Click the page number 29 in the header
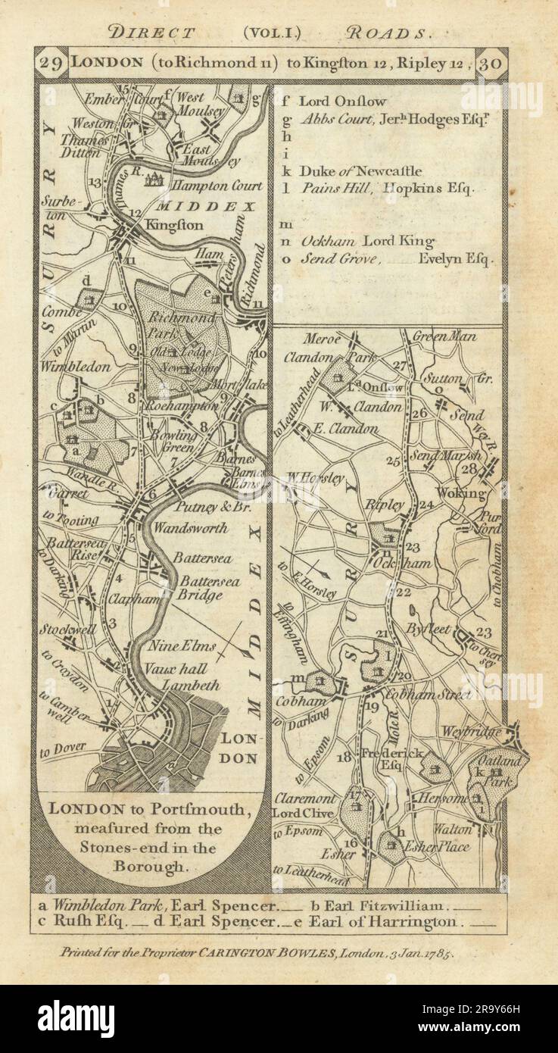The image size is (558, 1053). [x=51, y=64]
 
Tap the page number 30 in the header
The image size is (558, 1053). [x=494, y=64]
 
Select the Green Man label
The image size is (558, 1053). [x=444, y=336]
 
